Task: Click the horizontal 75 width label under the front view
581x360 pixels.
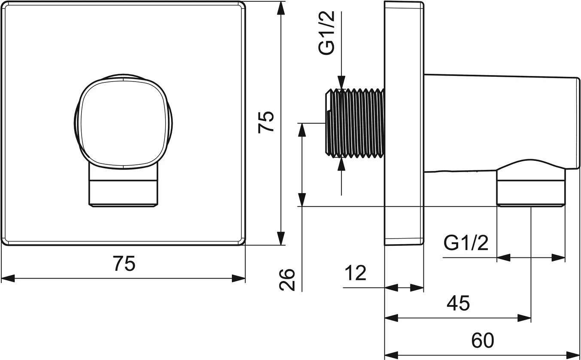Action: [x=124, y=263]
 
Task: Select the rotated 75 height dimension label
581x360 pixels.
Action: [x=266, y=122]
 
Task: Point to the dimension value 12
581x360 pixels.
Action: [x=355, y=273]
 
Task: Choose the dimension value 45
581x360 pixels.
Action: [x=458, y=303]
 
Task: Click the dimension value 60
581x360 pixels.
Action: [x=483, y=341]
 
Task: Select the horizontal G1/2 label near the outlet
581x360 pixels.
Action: [x=466, y=243]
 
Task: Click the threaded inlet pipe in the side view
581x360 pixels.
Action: [x=354, y=123]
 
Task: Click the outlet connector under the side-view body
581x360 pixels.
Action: [x=531, y=188]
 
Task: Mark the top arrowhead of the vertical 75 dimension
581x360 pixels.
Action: [x=280, y=8]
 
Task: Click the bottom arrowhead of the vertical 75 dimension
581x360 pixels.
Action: [x=280, y=239]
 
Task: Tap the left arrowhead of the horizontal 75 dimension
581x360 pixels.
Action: [x=8, y=278]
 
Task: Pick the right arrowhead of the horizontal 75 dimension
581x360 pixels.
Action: [x=239, y=278]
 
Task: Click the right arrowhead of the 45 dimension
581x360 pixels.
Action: [x=525, y=318]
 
